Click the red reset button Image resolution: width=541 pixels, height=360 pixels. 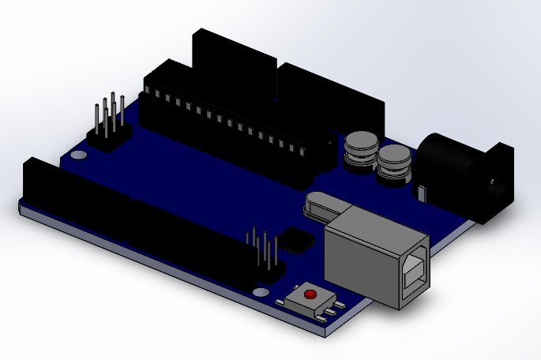[310, 294]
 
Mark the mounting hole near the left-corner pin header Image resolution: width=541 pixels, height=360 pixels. [80, 155]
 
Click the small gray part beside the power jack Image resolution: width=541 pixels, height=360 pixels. [423, 192]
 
